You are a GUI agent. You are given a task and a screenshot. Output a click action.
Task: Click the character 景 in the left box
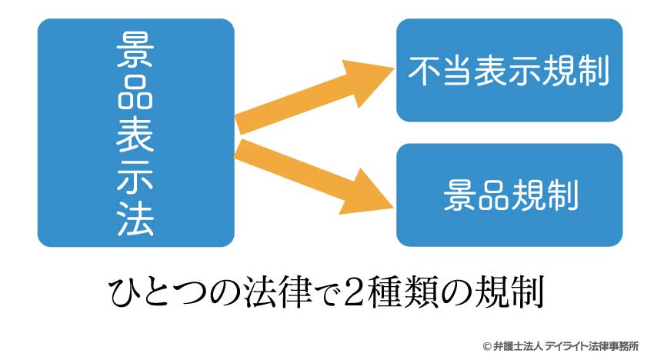coord(135,50)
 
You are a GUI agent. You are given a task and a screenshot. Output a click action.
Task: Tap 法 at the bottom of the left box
coord(135,219)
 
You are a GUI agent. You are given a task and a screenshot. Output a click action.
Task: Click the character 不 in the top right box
coord(425,71)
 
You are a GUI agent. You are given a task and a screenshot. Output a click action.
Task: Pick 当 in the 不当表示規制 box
coord(459,71)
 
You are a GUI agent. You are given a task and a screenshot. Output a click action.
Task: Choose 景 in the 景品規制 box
coord(459,195)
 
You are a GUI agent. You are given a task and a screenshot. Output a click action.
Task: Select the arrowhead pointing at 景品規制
coord(366,194)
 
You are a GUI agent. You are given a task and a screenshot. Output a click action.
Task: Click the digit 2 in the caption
coord(355,293)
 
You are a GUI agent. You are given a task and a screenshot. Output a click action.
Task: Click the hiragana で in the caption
coord(328,294)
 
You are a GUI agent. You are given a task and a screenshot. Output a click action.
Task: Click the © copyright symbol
coord(487,346)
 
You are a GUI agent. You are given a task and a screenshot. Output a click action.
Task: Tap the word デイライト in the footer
coord(566,346)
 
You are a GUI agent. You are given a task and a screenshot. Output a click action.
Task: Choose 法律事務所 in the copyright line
coord(613,346)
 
